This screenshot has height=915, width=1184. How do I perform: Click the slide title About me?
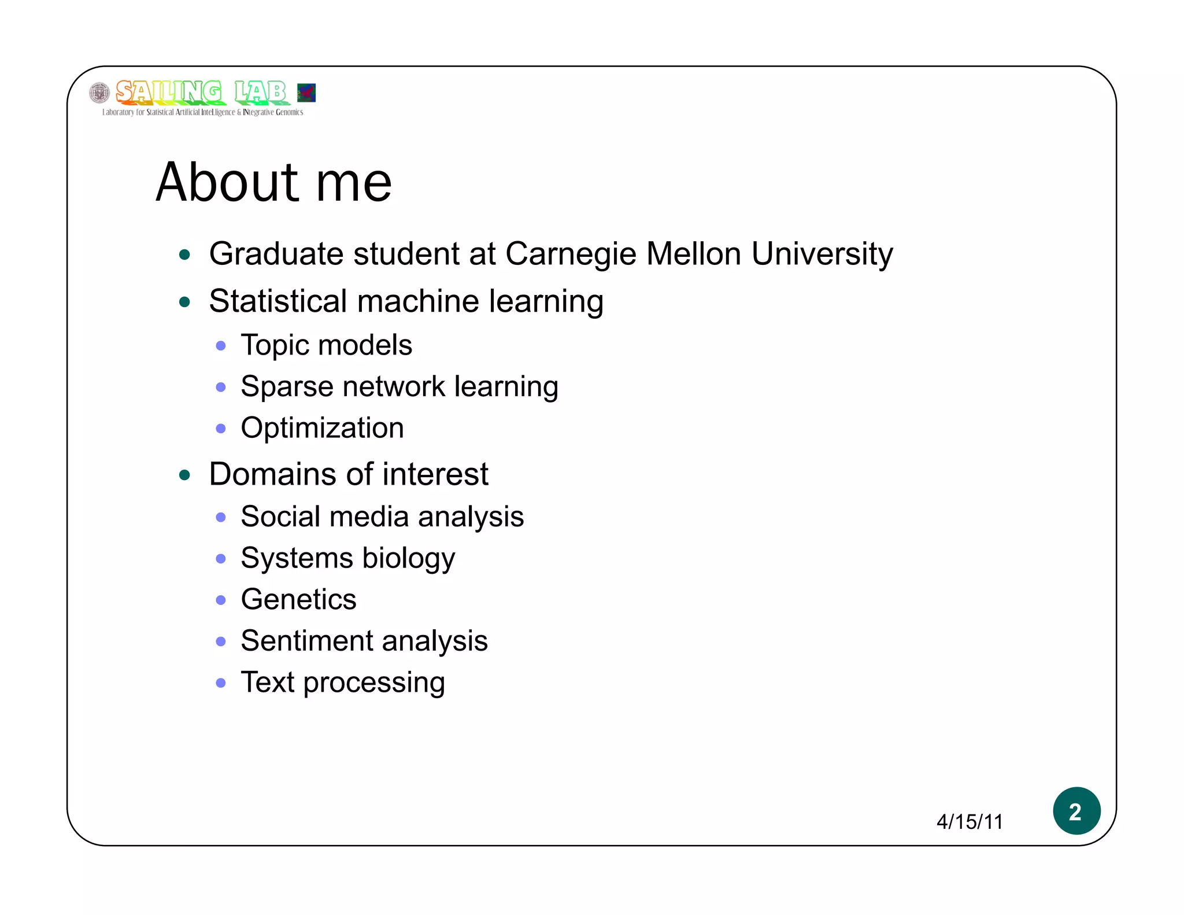(274, 182)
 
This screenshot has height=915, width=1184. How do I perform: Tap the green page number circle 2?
(1076, 811)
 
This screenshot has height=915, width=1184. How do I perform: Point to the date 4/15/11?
(970, 822)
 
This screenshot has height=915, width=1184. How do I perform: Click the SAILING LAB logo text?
(201, 93)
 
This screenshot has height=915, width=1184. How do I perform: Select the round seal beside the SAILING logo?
(99, 93)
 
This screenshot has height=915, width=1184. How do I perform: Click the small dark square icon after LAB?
(306, 93)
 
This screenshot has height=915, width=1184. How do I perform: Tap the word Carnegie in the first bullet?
(571, 254)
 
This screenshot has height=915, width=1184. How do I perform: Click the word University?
(822, 254)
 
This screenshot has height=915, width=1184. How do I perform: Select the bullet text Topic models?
(326, 345)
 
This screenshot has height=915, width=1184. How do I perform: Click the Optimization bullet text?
(322, 428)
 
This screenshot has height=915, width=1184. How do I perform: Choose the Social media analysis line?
(382, 516)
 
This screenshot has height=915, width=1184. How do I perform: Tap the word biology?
(408, 559)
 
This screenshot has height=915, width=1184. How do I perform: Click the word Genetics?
(298, 599)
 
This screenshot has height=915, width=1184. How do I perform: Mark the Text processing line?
(343, 682)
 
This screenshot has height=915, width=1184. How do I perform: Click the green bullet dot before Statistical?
(185, 302)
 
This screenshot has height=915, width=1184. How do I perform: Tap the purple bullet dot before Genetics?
(220, 600)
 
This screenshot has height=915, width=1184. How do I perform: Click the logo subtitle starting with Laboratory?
(202, 112)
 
